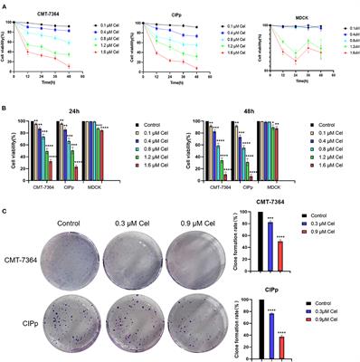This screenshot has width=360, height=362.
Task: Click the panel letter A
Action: click(x=5, y=5)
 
